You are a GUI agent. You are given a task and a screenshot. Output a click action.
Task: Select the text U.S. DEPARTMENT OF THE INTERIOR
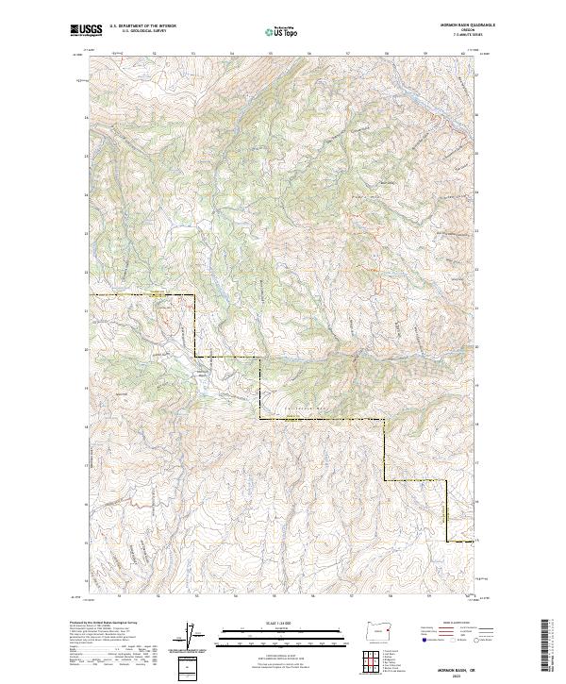(142, 26)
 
